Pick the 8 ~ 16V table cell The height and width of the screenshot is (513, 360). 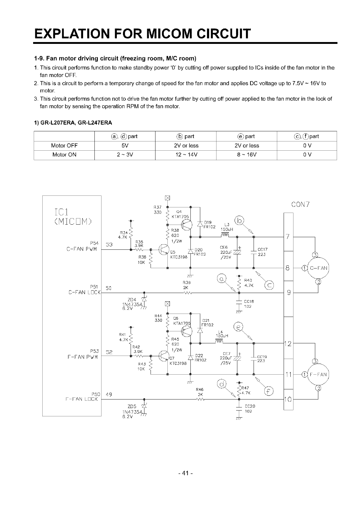(246, 155)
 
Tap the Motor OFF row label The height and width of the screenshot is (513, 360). (64, 145)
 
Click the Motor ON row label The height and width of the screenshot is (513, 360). (64, 155)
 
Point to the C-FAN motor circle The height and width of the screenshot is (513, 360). (318, 268)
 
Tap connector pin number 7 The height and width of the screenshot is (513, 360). (287, 237)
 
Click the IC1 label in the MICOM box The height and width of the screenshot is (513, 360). (62, 211)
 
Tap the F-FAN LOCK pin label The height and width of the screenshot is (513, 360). (82, 399)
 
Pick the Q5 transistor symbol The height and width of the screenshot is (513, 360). (164, 250)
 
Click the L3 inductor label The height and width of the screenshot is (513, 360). (227, 225)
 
